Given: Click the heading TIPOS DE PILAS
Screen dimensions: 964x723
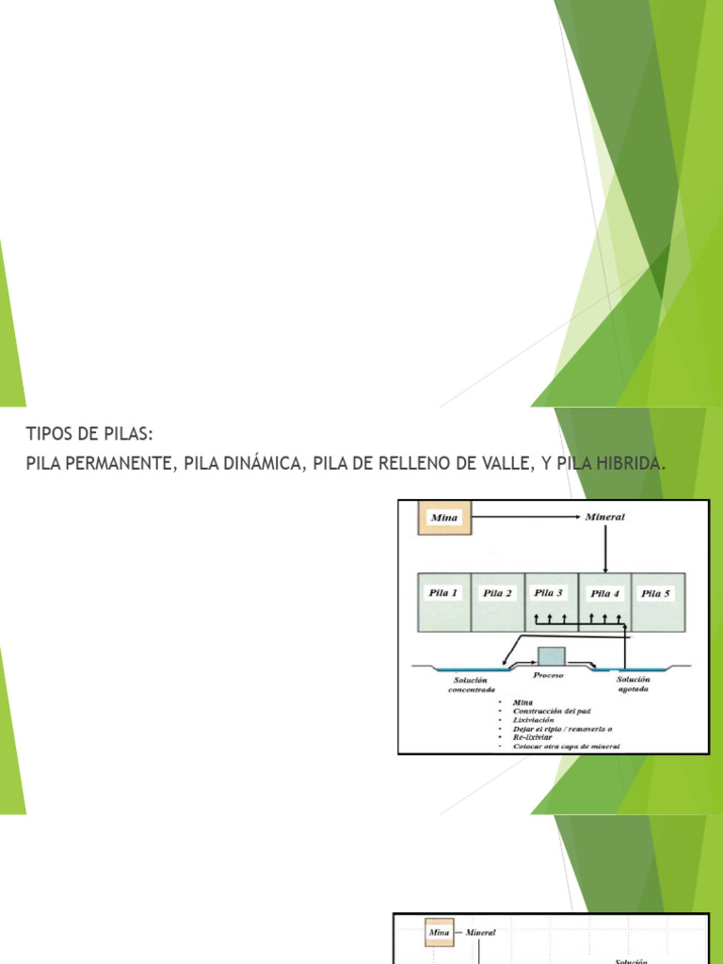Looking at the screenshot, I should [x=88, y=434].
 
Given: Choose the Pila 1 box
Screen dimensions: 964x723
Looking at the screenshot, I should [x=443, y=602].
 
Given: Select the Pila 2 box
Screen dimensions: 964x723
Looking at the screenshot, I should [x=497, y=602].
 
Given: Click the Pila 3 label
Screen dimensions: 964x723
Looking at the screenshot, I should [x=549, y=593].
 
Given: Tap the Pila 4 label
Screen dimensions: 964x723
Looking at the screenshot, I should [x=603, y=594].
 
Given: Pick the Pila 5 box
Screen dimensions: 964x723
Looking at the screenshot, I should [x=657, y=602].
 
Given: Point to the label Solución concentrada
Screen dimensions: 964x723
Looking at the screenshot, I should [x=470, y=684].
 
